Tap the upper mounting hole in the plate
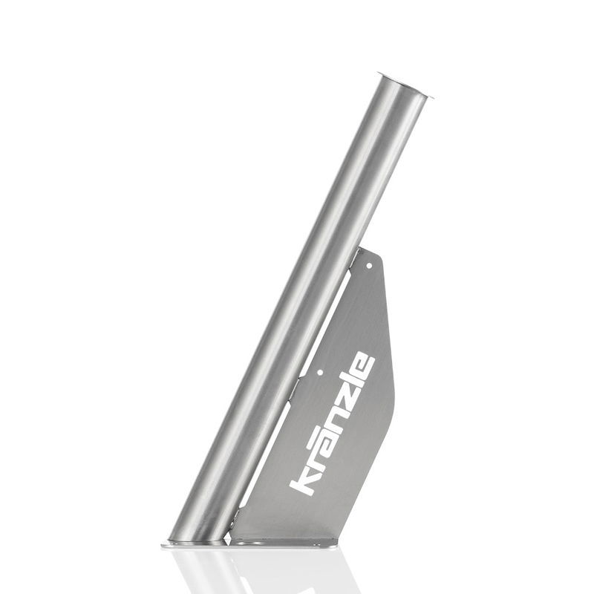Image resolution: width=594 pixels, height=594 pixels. click(x=370, y=267)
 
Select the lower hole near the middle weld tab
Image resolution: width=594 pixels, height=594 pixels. click(x=320, y=373)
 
